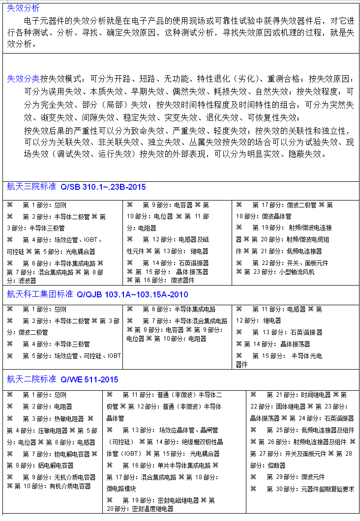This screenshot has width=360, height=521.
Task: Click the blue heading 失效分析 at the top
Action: [x=23, y=8]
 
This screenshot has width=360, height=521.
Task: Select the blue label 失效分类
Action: [x=23, y=79]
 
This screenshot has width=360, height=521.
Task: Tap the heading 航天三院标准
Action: [x=31, y=187]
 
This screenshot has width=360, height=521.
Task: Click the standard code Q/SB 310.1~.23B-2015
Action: [x=103, y=187]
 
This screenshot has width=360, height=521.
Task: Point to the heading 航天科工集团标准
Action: [x=40, y=294]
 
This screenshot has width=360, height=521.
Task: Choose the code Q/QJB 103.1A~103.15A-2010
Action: [x=132, y=295]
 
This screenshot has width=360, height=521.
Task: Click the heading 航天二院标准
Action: [x=31, y=379]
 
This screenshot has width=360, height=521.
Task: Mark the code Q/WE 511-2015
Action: [x=90, y=380]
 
